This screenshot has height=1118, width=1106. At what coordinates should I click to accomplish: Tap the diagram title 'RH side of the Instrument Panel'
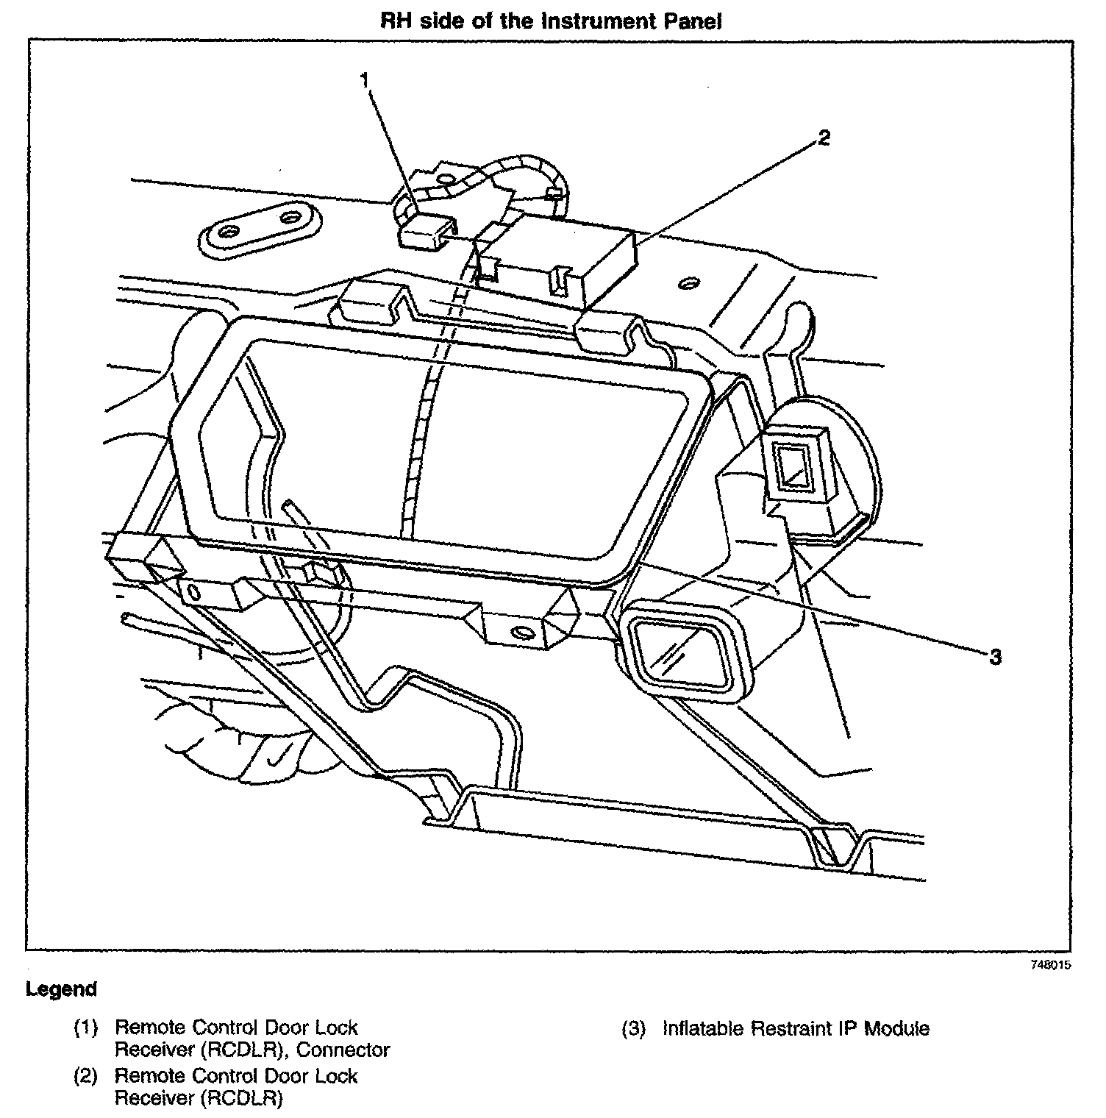pos(552,21)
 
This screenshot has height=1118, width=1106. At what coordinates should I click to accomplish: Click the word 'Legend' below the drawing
pos(62,989)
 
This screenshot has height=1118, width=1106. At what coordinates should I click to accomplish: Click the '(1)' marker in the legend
pos(86,1028)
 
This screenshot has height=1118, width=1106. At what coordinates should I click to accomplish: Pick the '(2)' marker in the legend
pos(86,1077)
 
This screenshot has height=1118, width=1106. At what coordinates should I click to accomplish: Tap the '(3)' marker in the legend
pos(634,1028)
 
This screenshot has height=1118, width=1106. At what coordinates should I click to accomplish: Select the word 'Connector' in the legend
pos(343,1050)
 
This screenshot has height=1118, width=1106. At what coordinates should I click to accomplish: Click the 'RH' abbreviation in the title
pos(395,21)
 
